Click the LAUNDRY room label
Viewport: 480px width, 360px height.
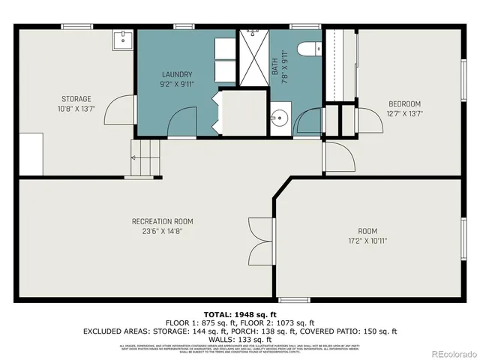point(177,74)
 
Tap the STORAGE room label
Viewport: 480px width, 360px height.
point(76,99)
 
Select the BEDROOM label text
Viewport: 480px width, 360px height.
point(404,103)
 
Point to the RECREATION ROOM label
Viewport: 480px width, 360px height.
point(163,221)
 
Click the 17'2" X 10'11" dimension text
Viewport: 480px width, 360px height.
point(367,241)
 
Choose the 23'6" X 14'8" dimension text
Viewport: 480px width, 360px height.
point(163,232)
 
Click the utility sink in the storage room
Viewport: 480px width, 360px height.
point(122,40)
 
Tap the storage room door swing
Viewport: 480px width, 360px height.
point(117,111)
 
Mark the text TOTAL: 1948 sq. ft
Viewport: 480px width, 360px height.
point(240,313)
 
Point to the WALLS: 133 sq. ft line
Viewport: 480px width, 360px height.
point(240,338)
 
